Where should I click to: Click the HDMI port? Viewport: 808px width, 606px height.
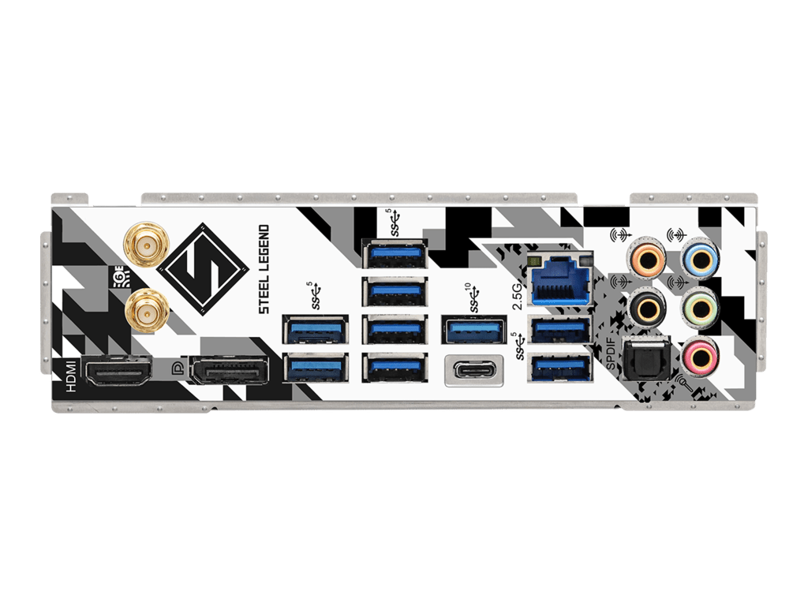click(x=118, y=370)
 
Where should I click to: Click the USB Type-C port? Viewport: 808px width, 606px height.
click(x=474, y=371)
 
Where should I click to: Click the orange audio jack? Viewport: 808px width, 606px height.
click(x=646, y=259)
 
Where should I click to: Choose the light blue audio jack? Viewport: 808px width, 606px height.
click(x=699, y=259)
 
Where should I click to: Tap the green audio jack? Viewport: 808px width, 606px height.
click(x=699, y=305)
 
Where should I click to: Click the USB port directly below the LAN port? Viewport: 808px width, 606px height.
click(x=561, y=328)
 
